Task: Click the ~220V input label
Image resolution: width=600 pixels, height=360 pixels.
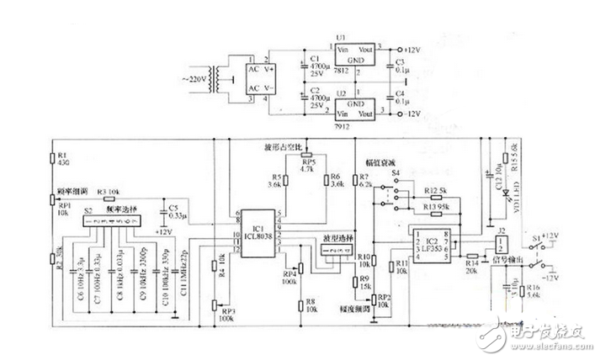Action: coord(198,81)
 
